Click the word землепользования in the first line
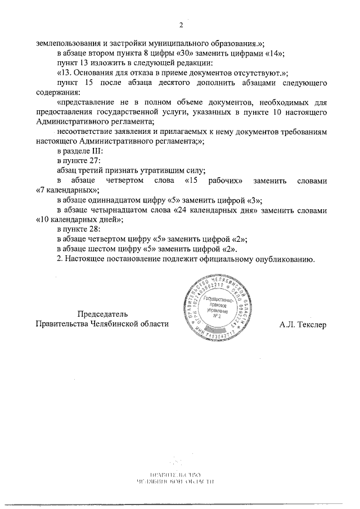[67, 43]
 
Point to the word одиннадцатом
[120, 200]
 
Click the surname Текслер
[308, 325]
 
